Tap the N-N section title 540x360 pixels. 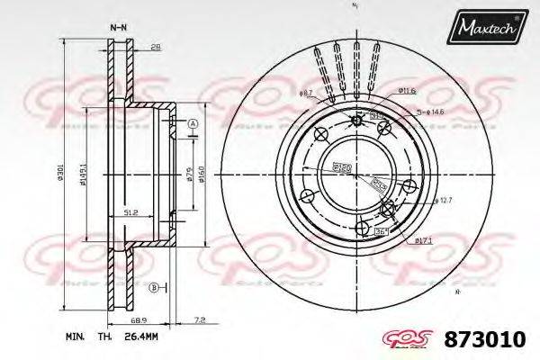(x=118, y=29)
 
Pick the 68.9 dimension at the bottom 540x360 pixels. (x=139, y=320)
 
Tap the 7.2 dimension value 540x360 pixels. (x=200, y=320)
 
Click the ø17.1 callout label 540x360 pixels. (x=425, y=240)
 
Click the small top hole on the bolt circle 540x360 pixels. (x=357, y=121)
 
